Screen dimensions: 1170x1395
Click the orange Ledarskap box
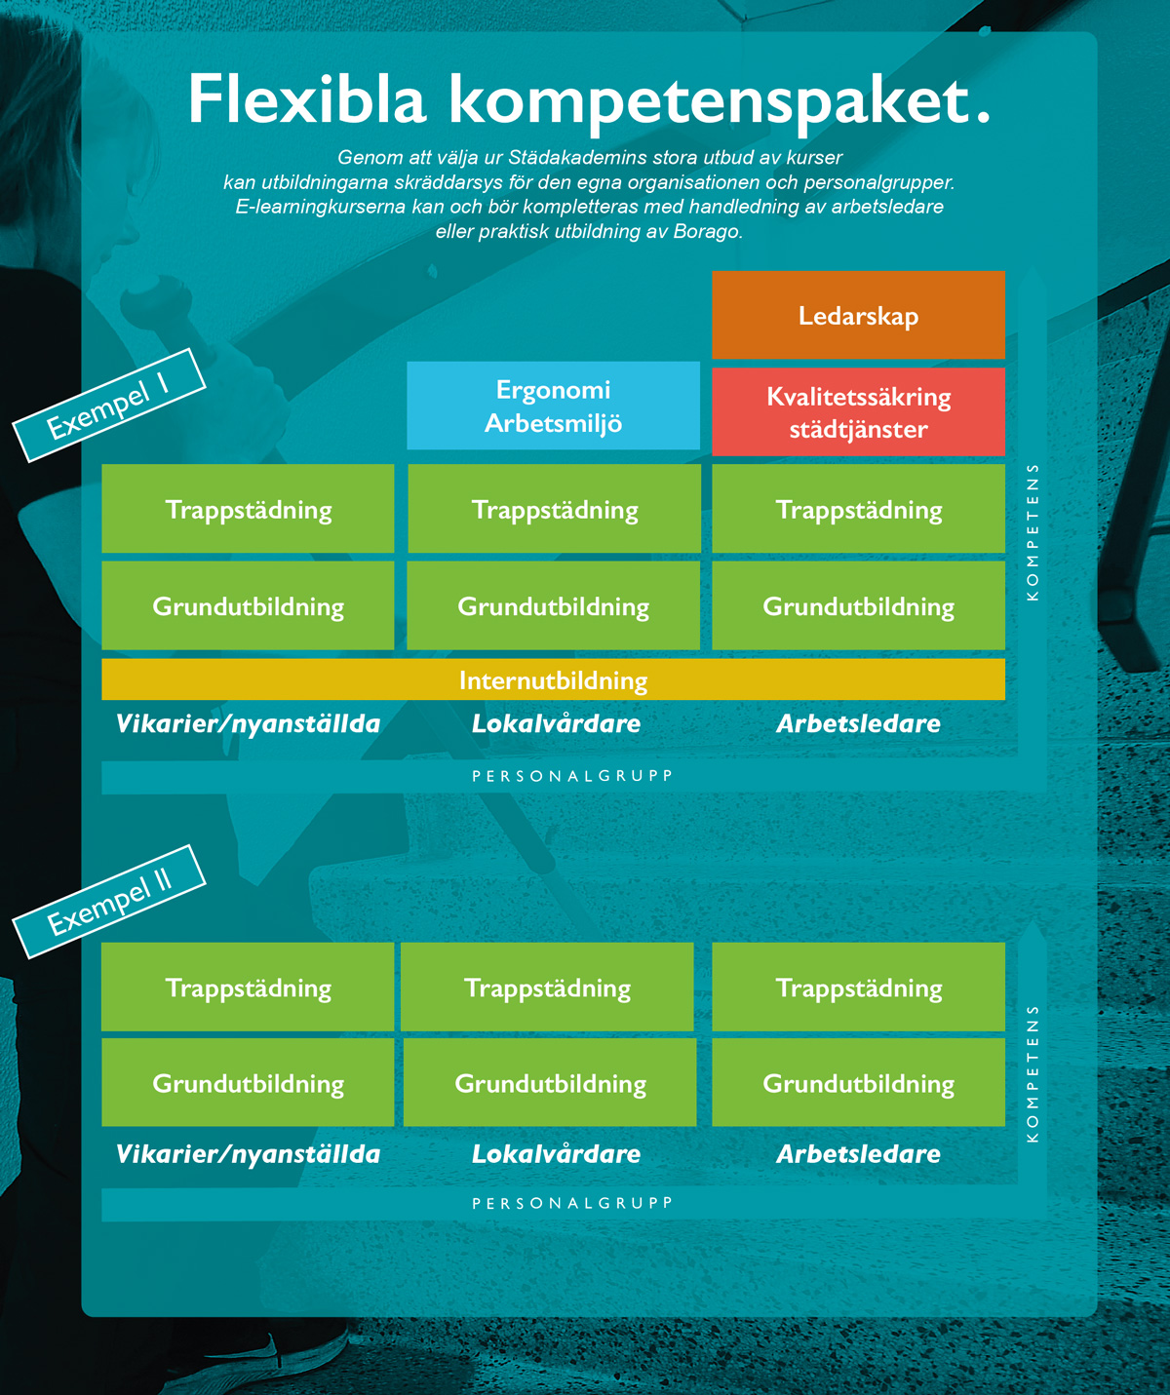click(858, 315)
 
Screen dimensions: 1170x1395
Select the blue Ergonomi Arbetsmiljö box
click(553, 406)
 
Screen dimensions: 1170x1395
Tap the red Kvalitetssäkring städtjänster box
click(858, 411)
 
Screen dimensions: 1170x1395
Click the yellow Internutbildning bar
click(553, 679)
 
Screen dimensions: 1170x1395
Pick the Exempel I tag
click(109, 405)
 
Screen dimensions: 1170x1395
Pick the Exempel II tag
click(109, 902)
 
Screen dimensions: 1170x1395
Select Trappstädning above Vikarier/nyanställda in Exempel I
click(248, 509)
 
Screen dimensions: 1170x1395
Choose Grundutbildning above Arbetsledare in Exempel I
click(858, 605)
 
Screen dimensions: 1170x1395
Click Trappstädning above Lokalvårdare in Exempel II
click(547, 987)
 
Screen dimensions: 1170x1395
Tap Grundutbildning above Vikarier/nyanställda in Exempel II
click(248, 1082)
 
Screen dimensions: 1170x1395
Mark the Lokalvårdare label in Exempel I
click(556, 723)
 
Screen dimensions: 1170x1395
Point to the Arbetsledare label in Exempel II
click(858, 1154)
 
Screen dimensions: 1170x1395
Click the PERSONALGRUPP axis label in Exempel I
click(572, 776)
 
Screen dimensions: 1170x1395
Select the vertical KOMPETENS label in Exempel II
click(1033, 1074)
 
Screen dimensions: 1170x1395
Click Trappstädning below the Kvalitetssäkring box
click(858, 509)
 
